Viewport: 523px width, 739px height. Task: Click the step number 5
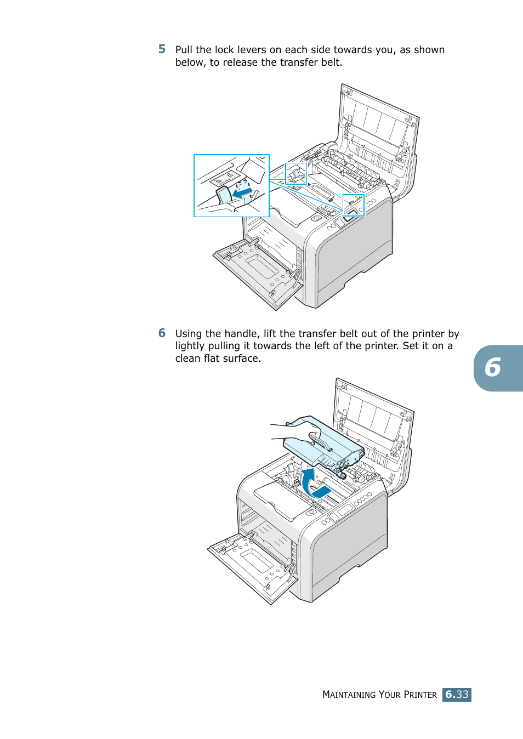pos(162,49)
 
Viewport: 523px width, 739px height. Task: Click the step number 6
pos(162,333)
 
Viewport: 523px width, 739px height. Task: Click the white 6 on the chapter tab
pos(493,368)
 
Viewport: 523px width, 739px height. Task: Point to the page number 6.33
pos(457,695)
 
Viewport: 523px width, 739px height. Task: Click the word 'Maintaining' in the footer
pos(349,695)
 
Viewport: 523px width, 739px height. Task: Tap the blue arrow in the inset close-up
pos(242,193)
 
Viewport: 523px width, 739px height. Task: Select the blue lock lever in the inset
pos(224,195)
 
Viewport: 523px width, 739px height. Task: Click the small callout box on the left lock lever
pos(295,174)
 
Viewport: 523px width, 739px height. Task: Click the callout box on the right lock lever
pos(353,205)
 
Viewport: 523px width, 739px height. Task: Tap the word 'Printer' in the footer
pos(420,695)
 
